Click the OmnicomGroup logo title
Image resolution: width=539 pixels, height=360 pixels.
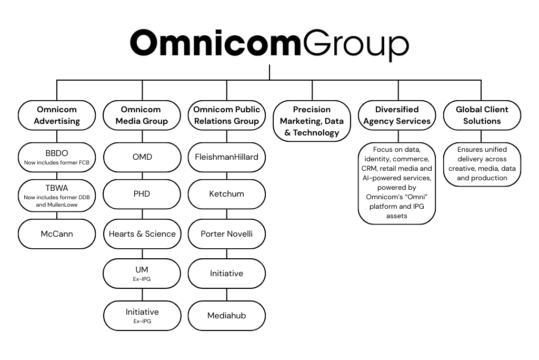269,44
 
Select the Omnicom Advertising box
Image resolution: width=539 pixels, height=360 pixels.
57,115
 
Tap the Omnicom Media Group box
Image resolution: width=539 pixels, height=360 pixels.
142,115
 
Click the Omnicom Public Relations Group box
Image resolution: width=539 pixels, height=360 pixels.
227,115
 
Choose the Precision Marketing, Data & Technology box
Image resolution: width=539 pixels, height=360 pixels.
312,121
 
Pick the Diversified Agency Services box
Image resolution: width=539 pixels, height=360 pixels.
397,115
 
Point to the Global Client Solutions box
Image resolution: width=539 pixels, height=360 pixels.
482,115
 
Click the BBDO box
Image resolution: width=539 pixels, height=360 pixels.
57,157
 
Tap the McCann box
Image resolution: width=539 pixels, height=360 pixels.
57,233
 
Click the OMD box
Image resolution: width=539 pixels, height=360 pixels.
142,157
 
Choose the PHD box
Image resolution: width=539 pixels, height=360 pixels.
142,194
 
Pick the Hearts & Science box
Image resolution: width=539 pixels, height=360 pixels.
142,233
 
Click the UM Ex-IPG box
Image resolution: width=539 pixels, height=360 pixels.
142,273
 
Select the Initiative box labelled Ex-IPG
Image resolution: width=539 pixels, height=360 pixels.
142,315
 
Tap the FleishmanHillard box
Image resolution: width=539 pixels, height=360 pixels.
227,157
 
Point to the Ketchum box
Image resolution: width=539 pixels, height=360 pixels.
227,194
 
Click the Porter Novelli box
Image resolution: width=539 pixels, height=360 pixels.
227,233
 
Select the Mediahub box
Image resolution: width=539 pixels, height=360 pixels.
227,315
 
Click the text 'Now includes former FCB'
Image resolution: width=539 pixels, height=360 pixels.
57,162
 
